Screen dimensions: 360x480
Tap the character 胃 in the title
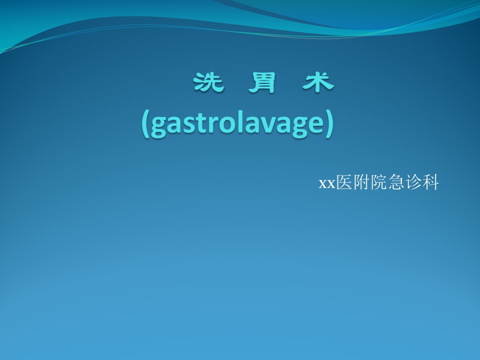[x=262, y=82]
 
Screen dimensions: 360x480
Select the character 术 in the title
[x=318, y=82]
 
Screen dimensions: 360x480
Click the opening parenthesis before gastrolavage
[x=145, y=123]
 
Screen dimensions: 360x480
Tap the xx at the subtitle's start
[x=326, y=184]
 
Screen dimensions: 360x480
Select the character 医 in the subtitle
[x=344, y=183]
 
